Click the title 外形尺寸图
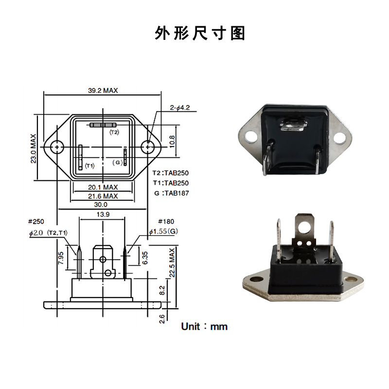coord(200,33)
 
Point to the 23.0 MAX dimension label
coord(34,149)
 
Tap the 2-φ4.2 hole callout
coord(179,107)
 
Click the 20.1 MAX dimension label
coord(103,187)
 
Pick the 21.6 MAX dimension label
coord(103,196)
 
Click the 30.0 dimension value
coord(102,205)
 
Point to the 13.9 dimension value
coord(103,214)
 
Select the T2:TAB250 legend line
coord(170,173)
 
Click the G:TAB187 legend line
coord(170,193)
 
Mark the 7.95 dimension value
coord(61,258)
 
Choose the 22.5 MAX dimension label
coord(172,263)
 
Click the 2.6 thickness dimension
coord(162,318)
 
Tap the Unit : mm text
coord(204,326)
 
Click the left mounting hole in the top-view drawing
coord(58,146)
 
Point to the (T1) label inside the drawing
coord(89,166)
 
